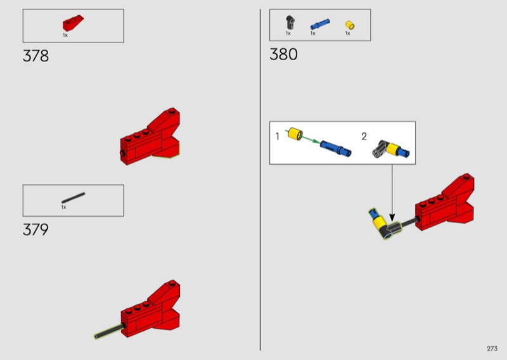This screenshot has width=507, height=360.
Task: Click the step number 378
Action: tap(35, 56)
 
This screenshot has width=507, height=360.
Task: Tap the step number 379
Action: tap(35, 229)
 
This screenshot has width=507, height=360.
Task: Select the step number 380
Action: tap(283, 54)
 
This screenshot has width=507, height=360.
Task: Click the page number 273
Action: tap(492, 349)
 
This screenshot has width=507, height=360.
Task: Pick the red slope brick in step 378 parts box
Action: tap(73, 23)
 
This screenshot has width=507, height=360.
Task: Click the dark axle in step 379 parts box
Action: tap(74, 198)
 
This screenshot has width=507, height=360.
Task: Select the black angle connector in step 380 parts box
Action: tap(290, 22)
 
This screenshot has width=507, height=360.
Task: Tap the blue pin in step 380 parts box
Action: tap(320, 24)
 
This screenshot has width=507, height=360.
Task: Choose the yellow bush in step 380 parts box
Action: tap(350, 25)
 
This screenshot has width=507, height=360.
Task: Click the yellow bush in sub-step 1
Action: tap(295, 134)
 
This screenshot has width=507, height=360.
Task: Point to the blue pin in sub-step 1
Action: tap(336, 148)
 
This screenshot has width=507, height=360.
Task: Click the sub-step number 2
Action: tap(364, 136)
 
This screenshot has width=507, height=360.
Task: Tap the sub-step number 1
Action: tap(277, 136)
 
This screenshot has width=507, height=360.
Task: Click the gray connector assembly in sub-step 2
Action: tap(391, 149)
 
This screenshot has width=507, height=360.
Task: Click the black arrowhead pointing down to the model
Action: tap(392, 217)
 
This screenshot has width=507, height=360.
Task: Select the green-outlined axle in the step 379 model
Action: tap(108, 331)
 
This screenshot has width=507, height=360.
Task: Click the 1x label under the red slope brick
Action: tap(65, 35)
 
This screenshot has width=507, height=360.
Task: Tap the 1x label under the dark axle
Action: tap(64, 207)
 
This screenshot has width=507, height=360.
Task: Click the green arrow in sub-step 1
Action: tap(303, 137)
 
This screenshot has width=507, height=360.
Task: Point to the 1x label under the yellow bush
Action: tap(347, 34)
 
